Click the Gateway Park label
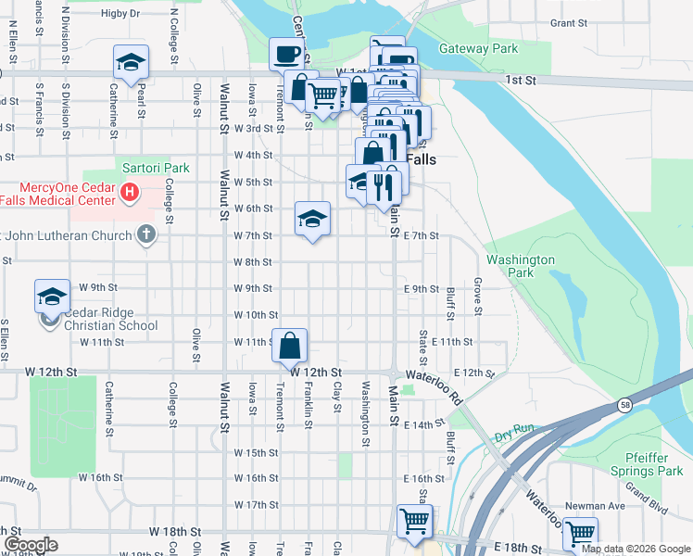[x=479, y=48]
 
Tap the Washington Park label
[x=520, y=267]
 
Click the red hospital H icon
[x=130, y=192]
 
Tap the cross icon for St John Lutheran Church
[x=145, y=234]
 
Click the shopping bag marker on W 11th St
[x=290, y=346]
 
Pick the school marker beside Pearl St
[x=131, y=63]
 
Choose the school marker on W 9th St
[x=52, y=297]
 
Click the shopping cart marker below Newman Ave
[x=580, y=533]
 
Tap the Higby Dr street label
[x=120, y=14]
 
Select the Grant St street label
[x=569, y=23]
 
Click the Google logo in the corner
[x=30, y=545]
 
